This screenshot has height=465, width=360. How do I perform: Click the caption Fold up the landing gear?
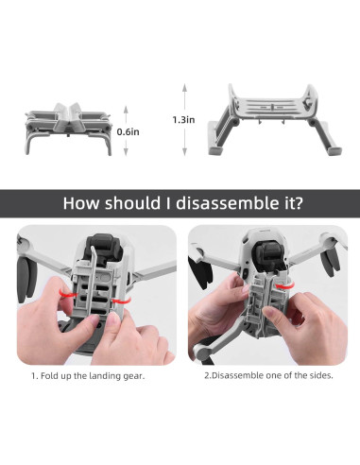click(x=94, y=401)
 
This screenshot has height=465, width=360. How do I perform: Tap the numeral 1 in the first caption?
click(x=34, y=401)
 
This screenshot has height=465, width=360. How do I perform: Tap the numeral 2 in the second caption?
click(x=207, y=401)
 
